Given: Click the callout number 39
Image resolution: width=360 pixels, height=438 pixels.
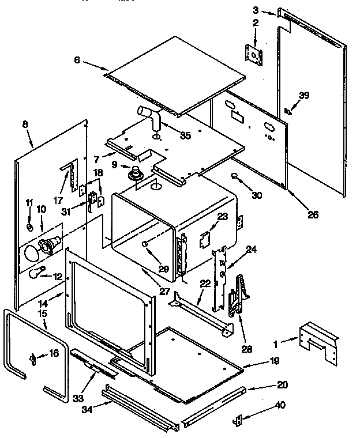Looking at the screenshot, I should pyautogui.click(x=304, y=96).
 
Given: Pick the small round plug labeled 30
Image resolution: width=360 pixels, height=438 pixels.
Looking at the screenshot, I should pyautogui.click(x=235, y=175).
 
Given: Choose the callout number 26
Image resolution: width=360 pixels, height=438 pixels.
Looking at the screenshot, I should pyautogui.click(x=313, y=216).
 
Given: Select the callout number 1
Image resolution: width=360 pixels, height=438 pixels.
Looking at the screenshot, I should pyautogui.click(x=275, y=344).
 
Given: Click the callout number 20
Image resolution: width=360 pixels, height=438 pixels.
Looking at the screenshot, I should pyautogui.click(x=282, y=384).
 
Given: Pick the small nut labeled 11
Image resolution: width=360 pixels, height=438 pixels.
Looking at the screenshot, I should pyautogui.click(x=30, y=226).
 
